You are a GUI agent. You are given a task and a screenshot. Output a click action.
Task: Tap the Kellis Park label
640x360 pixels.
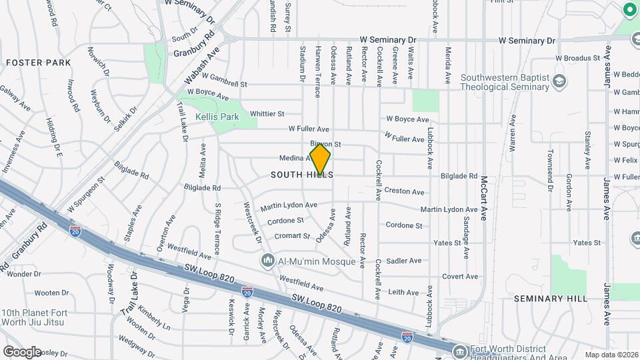point(217,117)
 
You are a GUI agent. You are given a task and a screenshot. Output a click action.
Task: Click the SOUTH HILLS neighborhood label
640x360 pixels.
point(302,175)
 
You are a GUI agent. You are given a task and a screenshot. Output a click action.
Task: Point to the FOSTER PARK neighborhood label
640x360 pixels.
point(38,63)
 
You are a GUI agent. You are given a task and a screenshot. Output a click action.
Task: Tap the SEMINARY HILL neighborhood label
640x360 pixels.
point(551,299)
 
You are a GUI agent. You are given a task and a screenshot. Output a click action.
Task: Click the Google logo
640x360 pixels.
point(22,351)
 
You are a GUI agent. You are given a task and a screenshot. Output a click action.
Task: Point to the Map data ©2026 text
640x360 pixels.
point(611,355)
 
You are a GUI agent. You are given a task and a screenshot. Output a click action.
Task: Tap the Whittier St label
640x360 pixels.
point(267,114)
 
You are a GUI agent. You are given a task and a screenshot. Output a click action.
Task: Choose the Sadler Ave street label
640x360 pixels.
point(404,261)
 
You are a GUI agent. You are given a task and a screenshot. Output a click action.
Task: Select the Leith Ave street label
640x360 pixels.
point(403,292)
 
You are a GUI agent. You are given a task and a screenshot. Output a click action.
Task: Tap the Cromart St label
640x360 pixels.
point(293,236)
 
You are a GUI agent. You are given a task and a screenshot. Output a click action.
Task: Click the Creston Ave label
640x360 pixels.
point(404,192)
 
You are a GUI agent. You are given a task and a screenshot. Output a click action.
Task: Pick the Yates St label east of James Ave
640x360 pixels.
point(587,243)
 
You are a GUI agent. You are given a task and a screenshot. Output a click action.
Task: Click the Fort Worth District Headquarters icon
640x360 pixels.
point(459,351)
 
